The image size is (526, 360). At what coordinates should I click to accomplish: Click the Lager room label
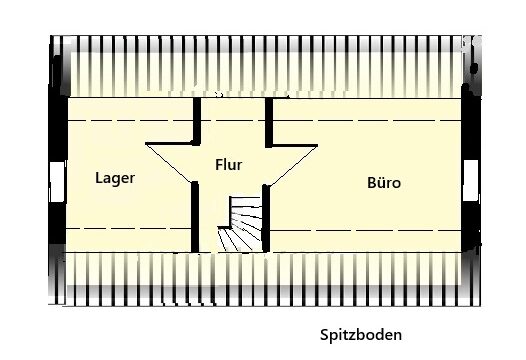(115, 178)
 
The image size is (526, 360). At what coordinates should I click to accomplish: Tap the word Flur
(229, 164)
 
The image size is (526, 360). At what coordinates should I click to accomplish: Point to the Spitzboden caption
(365, 335)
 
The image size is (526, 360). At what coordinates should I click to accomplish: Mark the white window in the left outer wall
(55, 178)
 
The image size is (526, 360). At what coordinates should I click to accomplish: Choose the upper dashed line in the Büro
(370, 120)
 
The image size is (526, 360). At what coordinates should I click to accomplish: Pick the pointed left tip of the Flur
(148, 144)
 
